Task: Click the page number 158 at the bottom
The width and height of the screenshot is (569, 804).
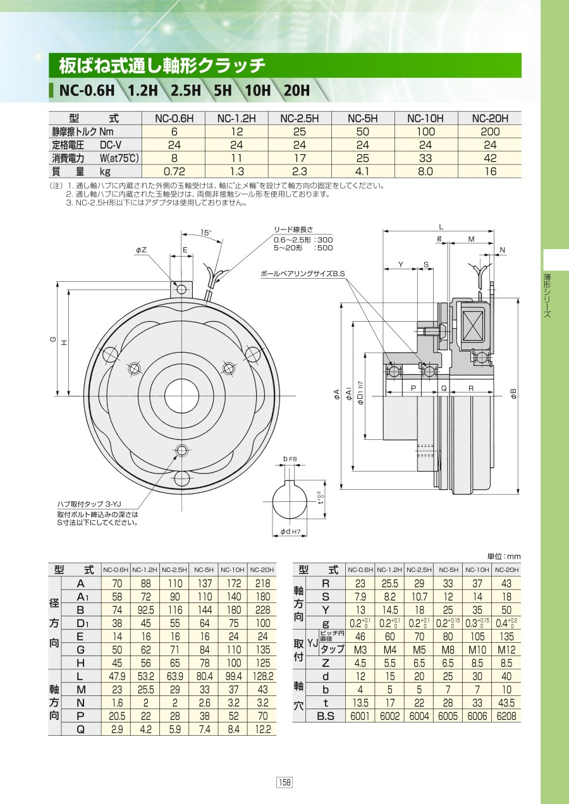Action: (x=284, y=782)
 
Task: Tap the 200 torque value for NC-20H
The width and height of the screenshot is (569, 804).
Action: (x=490, y=131)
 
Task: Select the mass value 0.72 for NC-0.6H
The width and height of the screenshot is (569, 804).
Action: (x=174, y=171)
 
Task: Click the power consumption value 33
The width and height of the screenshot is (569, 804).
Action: (x=425, y=158)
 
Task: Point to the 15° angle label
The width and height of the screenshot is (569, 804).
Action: (x=205, y=232)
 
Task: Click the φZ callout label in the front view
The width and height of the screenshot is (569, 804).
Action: (x=141, y=250)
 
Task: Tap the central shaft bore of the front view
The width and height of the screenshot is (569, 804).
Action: (x=181, y=396)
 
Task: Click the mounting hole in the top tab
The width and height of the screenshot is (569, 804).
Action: (x=181, y=289)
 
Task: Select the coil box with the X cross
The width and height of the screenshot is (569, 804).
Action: (x=473, y=329)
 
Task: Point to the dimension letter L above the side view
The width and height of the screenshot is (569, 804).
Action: (x=441, y=227)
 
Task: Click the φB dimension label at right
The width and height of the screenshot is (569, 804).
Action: (x=514, y=394)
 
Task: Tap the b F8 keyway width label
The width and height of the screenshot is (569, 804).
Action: (x=290, y=459)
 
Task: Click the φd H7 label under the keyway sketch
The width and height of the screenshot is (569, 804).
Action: (x=290, y=531)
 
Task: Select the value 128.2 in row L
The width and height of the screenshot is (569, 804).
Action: (x=263, y=676)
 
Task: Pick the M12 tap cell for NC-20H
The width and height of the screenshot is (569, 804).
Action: (x=506, y=650)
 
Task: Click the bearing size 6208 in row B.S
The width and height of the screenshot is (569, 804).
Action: (x=506, y=716)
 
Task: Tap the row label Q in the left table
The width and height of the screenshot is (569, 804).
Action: (x=80, y=729)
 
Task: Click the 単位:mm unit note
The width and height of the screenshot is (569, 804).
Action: (x=504, y=556)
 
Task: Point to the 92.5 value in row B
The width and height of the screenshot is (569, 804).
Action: (x=146, y=610)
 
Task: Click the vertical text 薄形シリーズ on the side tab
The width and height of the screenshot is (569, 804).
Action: (x=547, y=296)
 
